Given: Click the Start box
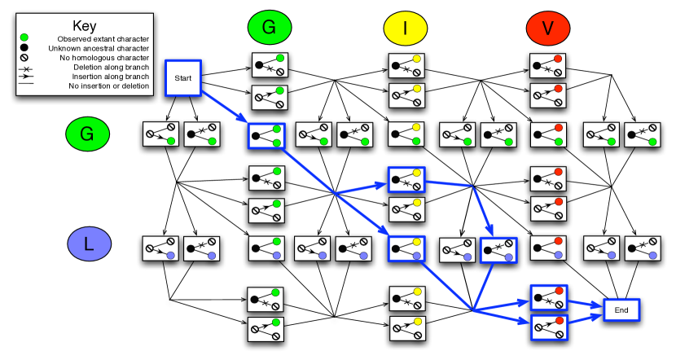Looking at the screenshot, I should (x=182, y=77).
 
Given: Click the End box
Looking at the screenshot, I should (x=621, y=310).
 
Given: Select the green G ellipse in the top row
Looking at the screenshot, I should (x=269, y=29).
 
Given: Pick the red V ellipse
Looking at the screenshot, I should (x=547, y=29).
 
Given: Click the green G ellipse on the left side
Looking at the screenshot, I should (x=87, y=134).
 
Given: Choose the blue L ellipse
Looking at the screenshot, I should (x=89, y=244).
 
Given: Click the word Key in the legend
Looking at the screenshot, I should (x=84, y=26).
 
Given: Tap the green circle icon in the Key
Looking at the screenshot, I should (x=25, y=38).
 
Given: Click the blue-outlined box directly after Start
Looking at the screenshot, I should (x=266, y=135).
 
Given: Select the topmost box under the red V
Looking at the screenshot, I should (x=547, y=65).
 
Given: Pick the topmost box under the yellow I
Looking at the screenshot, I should (x=406, y=65).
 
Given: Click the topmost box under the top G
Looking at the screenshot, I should (x=269, y=65).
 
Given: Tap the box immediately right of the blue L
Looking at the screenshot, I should (x=160, y=248).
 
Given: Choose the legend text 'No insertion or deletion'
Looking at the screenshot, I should (x=108, y=86).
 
